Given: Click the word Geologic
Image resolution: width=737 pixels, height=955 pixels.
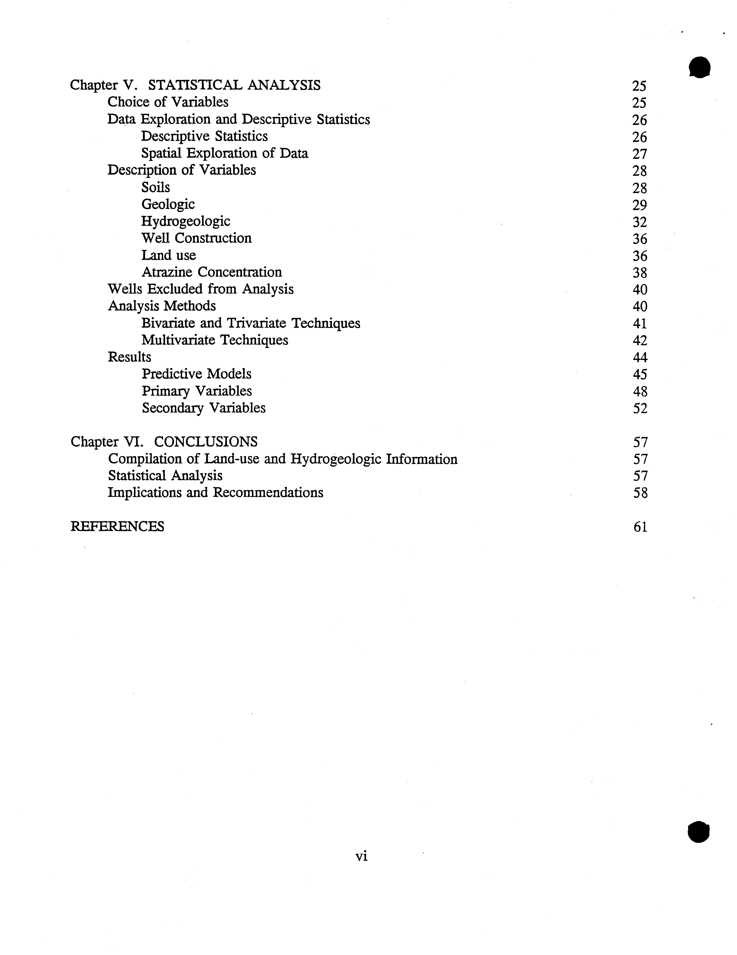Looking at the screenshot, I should [168, 204].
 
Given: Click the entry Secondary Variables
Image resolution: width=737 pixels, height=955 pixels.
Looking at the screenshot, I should [203, 408].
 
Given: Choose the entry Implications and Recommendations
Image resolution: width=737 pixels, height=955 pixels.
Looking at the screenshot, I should [216, 493].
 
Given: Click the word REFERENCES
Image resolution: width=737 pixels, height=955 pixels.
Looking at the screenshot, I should [117, 527].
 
